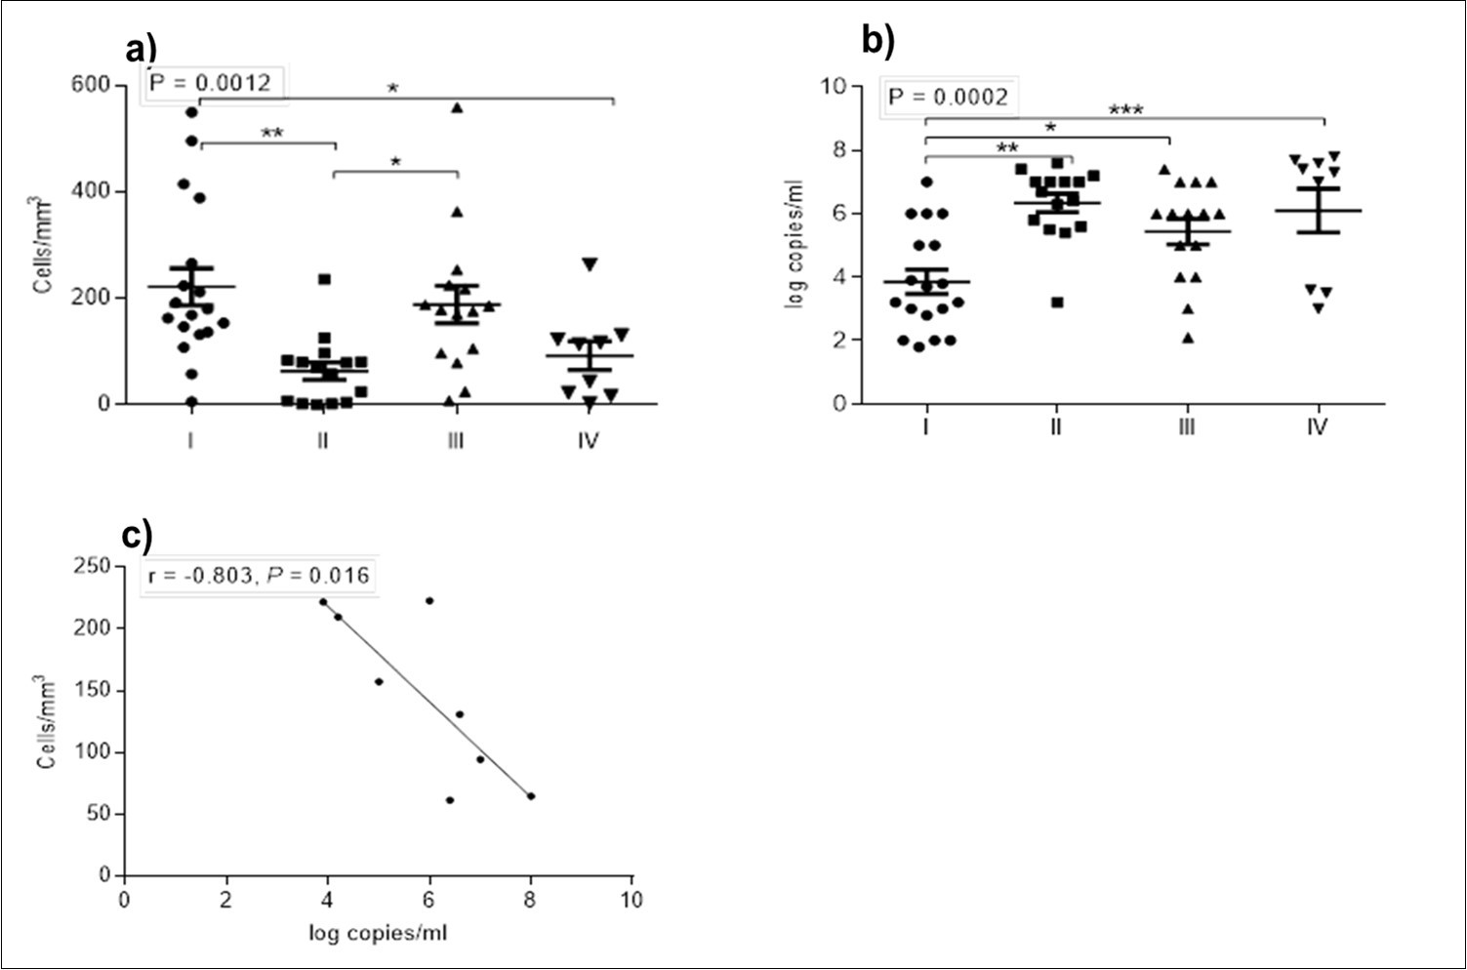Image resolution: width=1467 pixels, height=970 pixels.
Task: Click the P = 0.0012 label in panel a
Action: coord(210,83)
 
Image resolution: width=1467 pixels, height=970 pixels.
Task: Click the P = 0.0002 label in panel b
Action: coord(947,98)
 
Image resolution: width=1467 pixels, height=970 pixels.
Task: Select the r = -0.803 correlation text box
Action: coord(259,576)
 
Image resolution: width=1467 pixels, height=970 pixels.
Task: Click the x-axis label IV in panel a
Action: coord(587,441)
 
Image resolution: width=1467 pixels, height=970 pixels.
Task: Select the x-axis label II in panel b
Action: coord(1055,426)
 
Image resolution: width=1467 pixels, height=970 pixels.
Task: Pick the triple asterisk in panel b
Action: coord(1125,109)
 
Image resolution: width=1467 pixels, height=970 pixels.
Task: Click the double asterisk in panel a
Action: coord(272,133)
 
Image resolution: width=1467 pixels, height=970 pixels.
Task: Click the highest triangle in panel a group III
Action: coord(456,107)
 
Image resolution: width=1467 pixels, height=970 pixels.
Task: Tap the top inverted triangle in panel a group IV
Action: coord(589,263)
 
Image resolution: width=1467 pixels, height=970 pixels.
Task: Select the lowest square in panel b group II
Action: coord(1057,303)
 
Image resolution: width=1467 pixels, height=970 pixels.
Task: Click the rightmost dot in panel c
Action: coord(531,796)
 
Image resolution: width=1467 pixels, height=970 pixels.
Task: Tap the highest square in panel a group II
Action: coord(324,280)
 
